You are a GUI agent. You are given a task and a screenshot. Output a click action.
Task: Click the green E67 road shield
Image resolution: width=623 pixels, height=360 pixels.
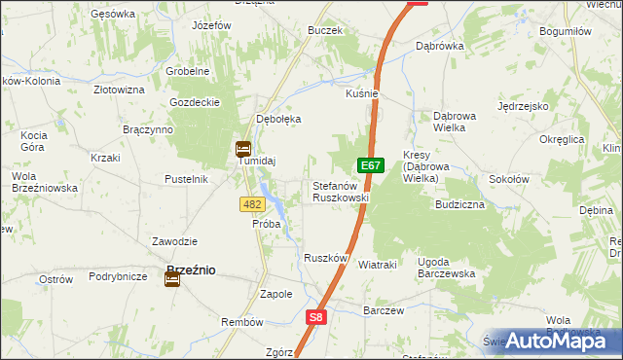pos(369,166)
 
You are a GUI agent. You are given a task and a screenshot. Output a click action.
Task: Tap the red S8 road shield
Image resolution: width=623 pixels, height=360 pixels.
pos(315,317)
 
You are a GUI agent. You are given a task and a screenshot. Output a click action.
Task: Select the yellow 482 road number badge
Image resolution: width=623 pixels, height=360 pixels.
pos(252,203)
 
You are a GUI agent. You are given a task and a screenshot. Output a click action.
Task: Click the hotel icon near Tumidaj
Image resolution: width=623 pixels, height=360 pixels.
pos(242,149)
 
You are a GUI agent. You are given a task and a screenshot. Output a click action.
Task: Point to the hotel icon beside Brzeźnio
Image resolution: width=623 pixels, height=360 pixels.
pos(172,279)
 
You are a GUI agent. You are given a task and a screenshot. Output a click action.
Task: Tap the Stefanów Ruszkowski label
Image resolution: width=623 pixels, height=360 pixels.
pos(340,191)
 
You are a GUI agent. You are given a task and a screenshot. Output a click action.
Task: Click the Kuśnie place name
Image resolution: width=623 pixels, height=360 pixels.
pos(361,93)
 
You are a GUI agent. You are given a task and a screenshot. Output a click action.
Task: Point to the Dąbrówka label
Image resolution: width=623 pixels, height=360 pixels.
pos(439,46)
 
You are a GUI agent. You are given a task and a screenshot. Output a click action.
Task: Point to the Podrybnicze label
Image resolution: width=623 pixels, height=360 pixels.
pos(118,276)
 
